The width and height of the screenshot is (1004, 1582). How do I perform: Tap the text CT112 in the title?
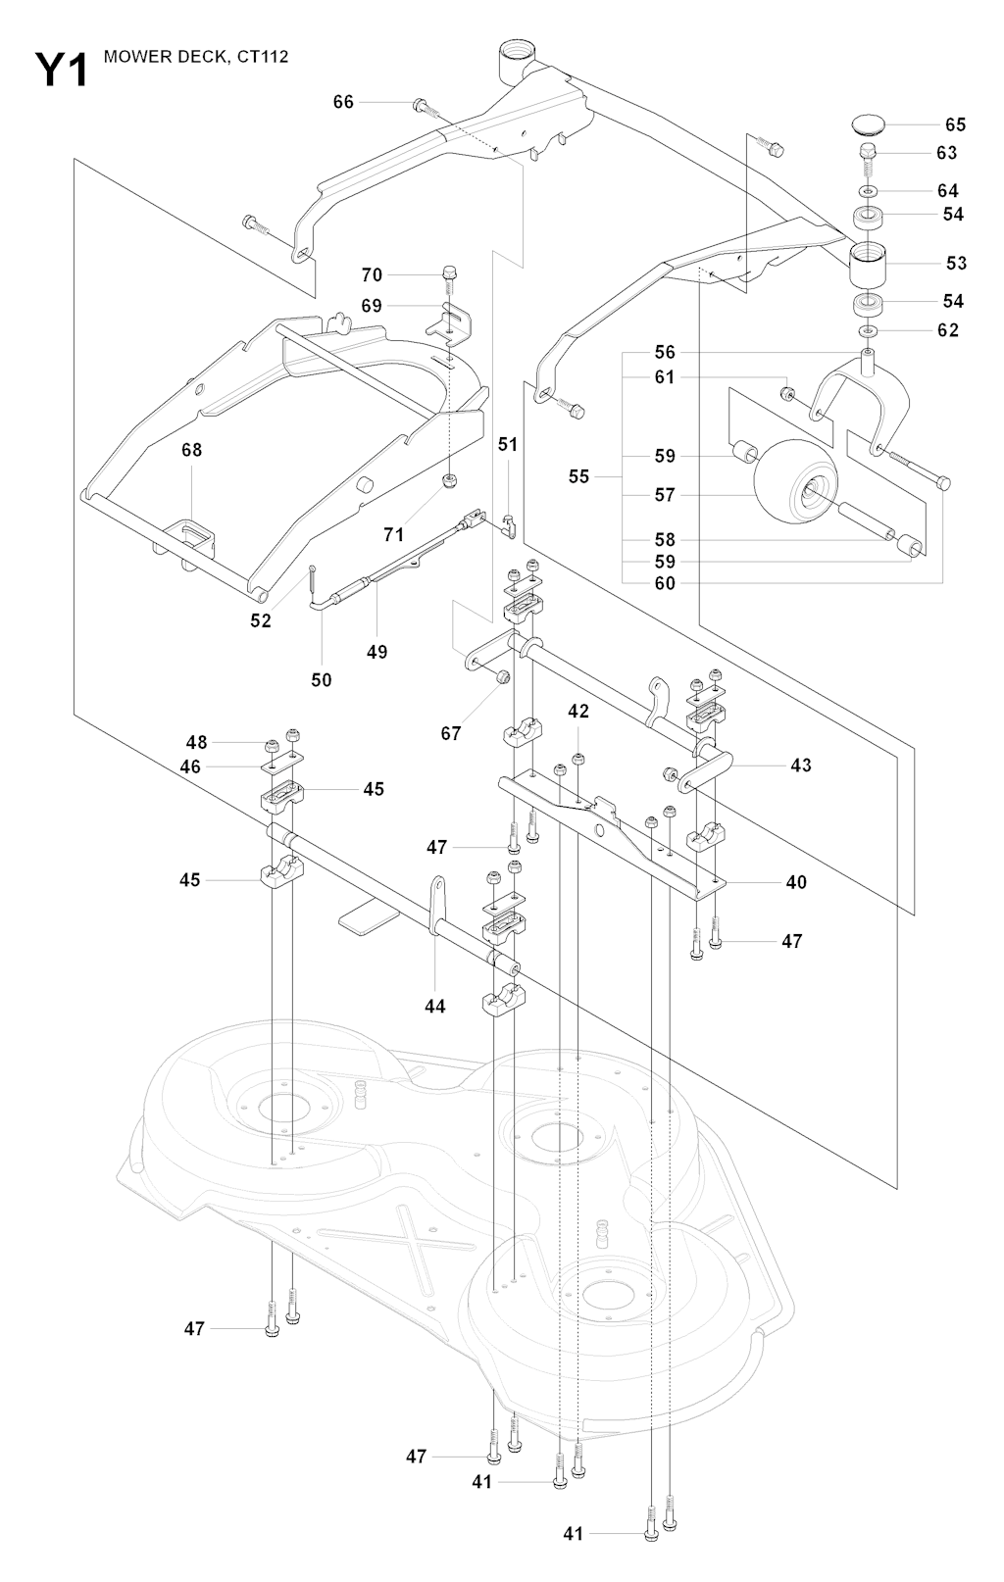(x=263, y=58)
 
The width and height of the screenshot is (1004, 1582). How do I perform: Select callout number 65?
(x=955, y=124)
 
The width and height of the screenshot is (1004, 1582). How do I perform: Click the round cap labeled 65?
(x=867, y=124)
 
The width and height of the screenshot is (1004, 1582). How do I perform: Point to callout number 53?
(x=956, y=263)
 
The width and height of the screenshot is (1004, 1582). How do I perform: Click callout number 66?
(x=343, y=102)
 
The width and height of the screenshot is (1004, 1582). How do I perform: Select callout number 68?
(x=191, y=450)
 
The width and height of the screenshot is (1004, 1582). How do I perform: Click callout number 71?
(x=393, y=534)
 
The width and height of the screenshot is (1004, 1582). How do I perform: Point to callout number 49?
(x=376, y=652)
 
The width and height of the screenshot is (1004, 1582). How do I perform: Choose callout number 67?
(x=450, y=733)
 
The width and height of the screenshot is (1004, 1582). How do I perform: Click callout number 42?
(x=578, y=711)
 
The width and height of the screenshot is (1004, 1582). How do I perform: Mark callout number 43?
(x=801, y=765)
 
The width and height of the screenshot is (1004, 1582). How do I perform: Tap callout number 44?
(x=434, y=1007)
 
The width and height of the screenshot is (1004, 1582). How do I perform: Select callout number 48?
(x=197, y=742)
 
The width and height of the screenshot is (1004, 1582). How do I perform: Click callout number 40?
(x=796, y=882)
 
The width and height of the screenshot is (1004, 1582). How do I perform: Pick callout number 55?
(x=578, y=476)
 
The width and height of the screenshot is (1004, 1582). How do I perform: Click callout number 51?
(x=507, y=445)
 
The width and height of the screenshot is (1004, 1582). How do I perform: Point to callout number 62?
(x=948, y=330)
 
